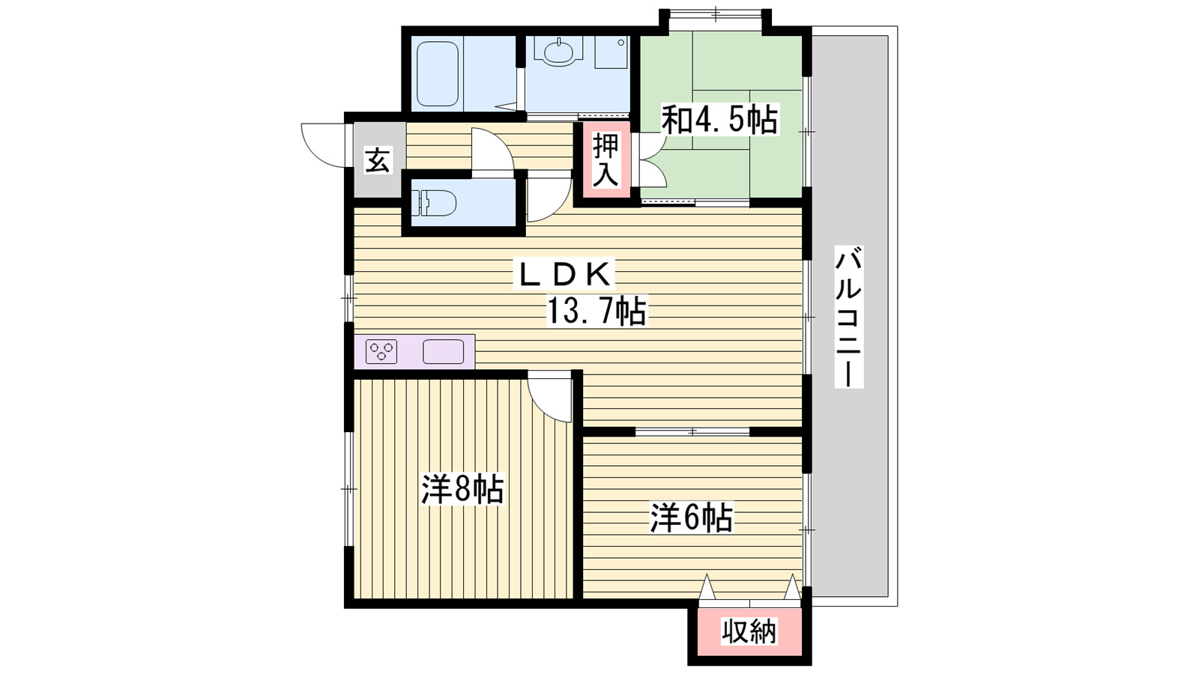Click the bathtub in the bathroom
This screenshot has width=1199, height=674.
pyautogui.click(x=437, y=73)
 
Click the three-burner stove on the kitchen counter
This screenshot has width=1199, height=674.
pyautogui.click(x=381, y=351)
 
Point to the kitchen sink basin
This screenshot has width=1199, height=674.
pyautogui.click(x=443, y=351)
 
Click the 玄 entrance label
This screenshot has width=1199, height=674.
pyautogui.click(x=378, y=160)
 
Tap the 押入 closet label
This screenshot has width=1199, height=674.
pyautogui.click(x=605, y=160)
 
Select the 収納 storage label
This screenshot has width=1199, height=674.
pyautogui.click(x=749, y=632)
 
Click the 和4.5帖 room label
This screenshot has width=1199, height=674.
pyautogui.click(x=719, y=120)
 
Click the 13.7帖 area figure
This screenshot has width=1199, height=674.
pyautogui.click(x=596, y=312)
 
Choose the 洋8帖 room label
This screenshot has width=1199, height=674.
pyautogui.click(x=462, y=490)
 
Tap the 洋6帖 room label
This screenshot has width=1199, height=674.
pyautogui.click(x=691, y=517)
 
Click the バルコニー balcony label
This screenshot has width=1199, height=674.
pyautogui.click(x=849, y=316)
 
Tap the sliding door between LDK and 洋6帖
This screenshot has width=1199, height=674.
pyautogui.click(x=692, y=431)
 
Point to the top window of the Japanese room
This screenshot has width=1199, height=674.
pyautogui.click(x=715, y=13)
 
